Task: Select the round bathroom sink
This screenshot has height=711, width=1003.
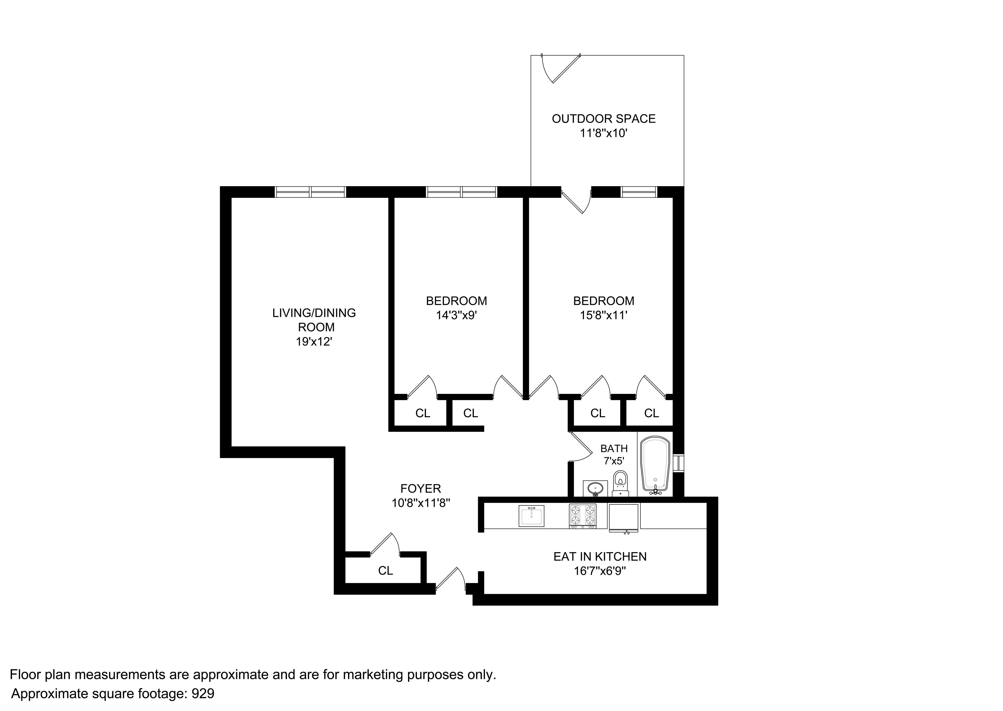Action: click(x=595, y=488)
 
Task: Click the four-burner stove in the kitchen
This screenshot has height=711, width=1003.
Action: click(x=582, y=516)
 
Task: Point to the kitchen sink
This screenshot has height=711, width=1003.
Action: click(x=531, y=516)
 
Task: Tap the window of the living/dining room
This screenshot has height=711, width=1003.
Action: click(x=310, y=192)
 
